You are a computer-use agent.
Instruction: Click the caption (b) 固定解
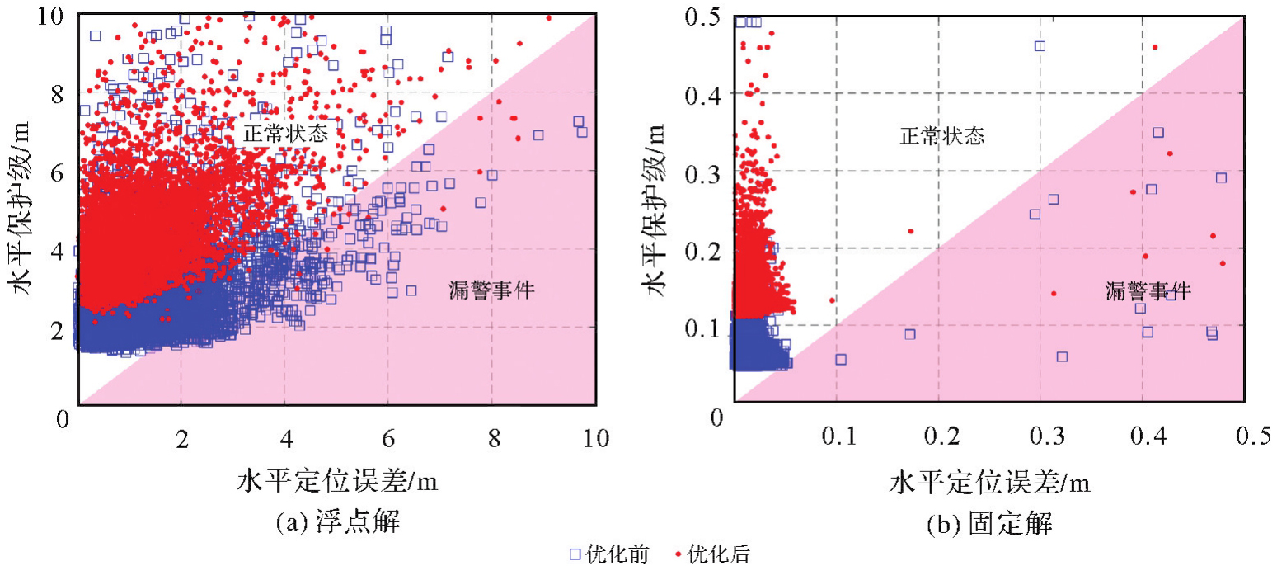click(988, 523)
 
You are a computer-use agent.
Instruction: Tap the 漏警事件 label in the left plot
click(492, 290)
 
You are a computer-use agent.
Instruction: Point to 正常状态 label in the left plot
click(285, 134)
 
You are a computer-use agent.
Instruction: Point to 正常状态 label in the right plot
click(941, 136)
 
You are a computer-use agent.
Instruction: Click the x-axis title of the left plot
click(337, 481)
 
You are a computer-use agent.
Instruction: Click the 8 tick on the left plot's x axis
click(492, 438)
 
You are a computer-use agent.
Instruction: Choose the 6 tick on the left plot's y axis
click(59, 172)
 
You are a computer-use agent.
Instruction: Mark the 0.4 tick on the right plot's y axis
click(703, 94)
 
